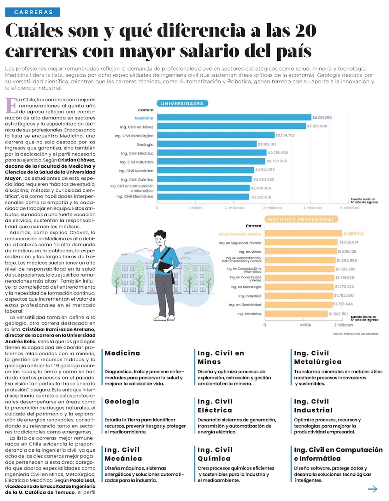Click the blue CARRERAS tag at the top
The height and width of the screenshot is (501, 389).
click(33, 12)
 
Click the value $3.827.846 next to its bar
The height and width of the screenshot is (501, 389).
click(317, 126)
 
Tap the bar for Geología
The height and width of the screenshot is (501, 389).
click(206, 144)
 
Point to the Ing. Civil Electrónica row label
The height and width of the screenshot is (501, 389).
click(135, 197)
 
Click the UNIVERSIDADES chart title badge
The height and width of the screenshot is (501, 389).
click(182, 103)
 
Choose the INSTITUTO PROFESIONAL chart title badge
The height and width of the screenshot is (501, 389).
click(300, 219)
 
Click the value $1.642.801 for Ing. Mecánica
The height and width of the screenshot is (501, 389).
click(338, 314)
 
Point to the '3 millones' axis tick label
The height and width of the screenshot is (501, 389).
click(272, 208)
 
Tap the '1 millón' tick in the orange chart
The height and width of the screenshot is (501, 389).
click(304, 325)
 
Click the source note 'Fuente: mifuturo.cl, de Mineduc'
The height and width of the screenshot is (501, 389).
click(355, 334)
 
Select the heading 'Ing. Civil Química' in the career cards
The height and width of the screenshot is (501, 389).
click(215, 454)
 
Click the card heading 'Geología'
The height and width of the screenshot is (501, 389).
click(122, 401)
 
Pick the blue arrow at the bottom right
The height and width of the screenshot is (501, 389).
click(373, 489)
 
